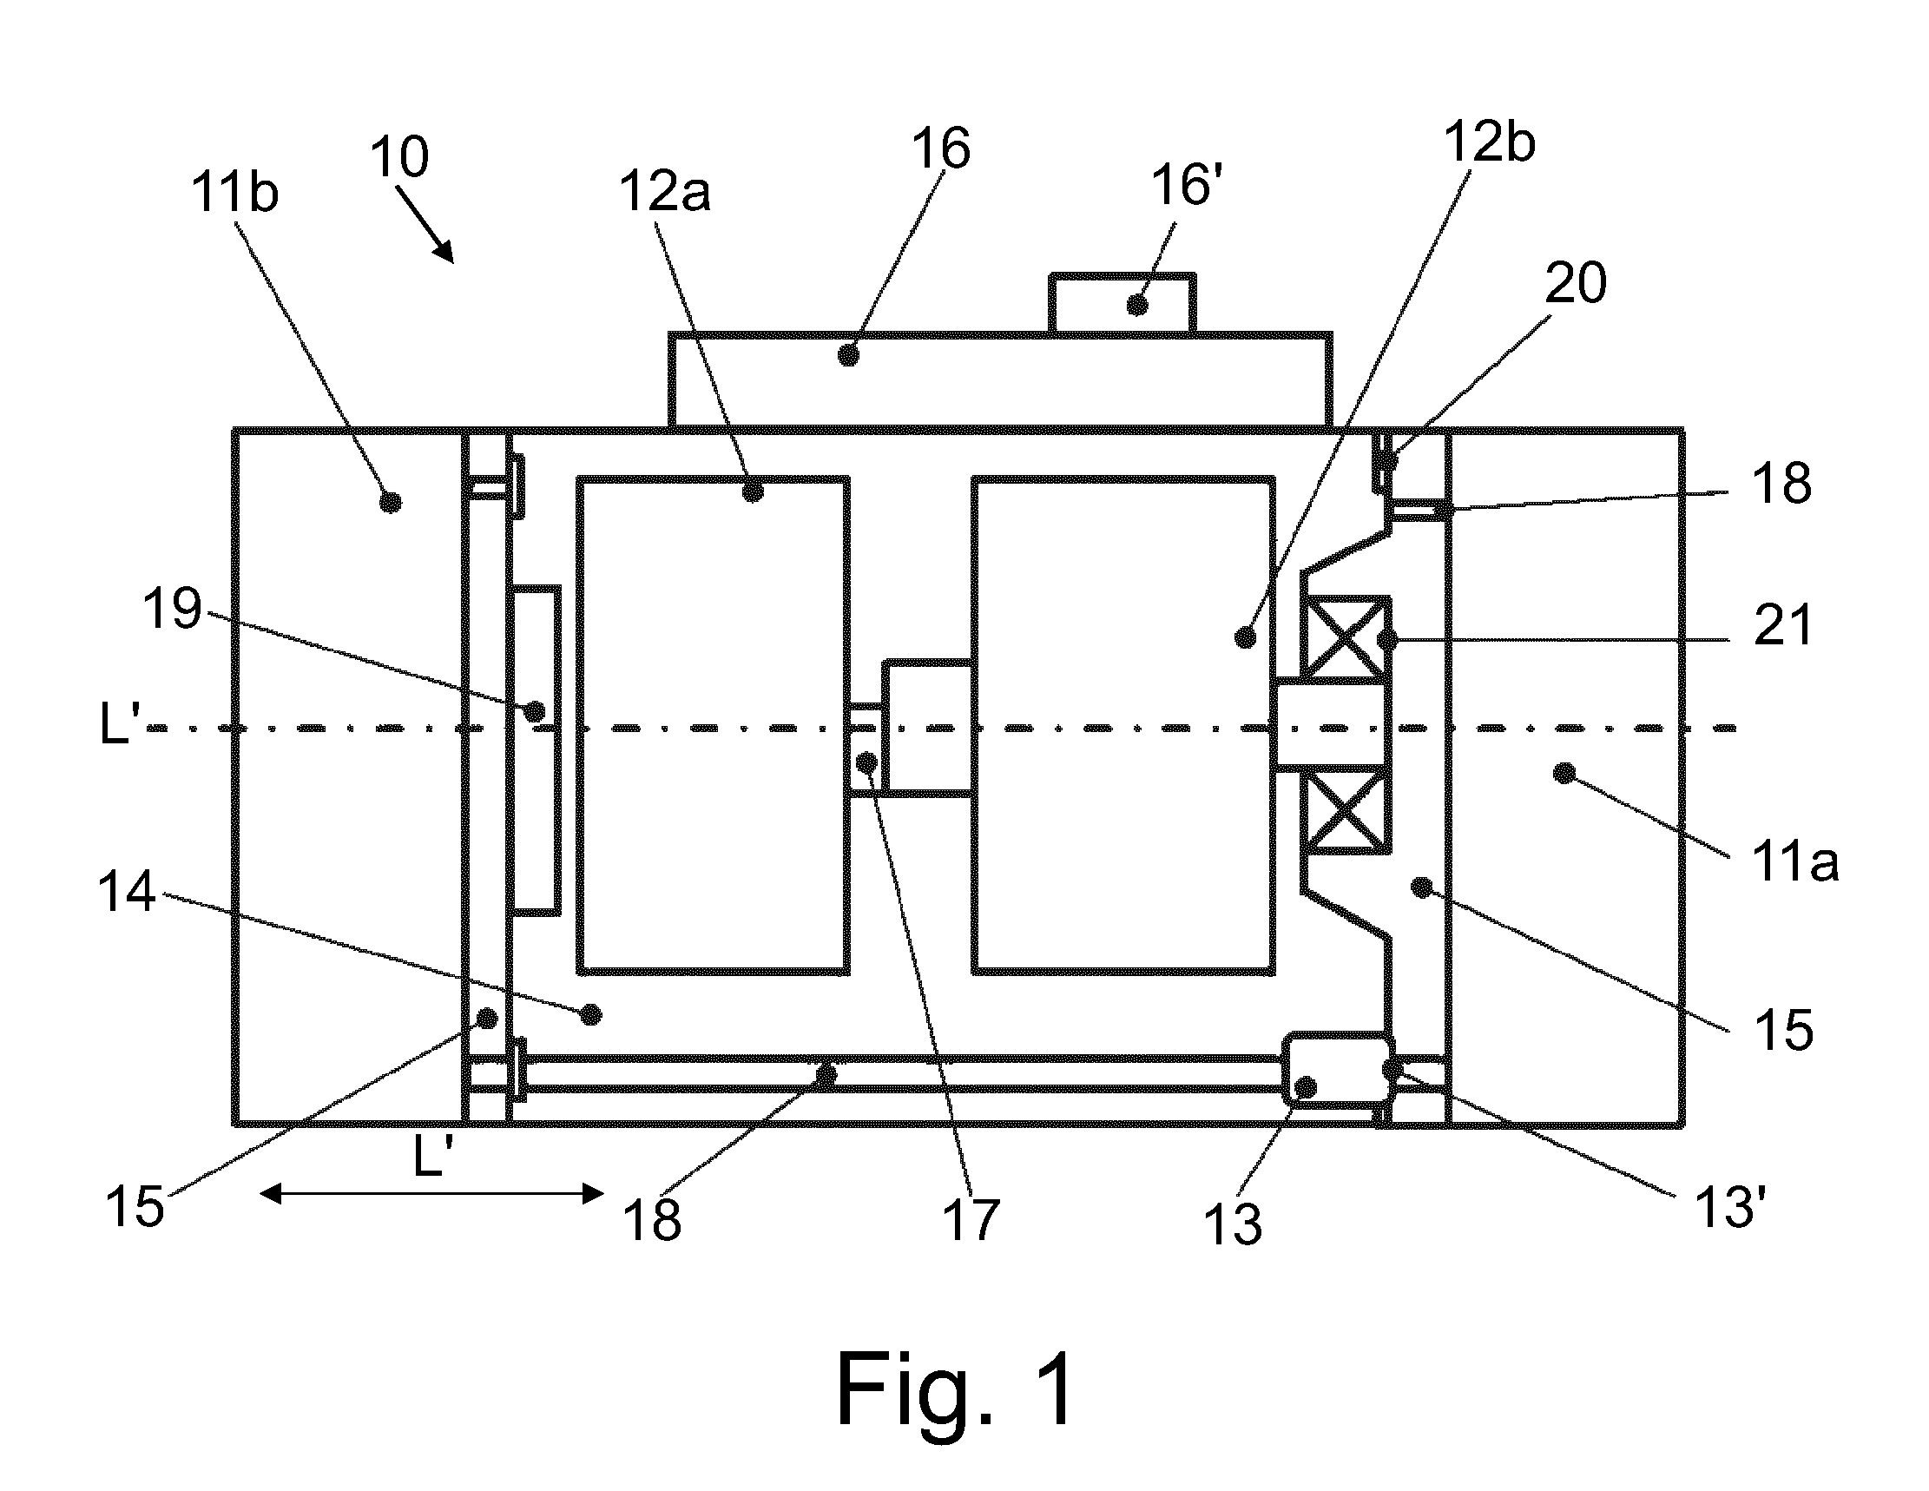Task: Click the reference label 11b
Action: (x=235, y=193)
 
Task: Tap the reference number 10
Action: (x=399, y=157)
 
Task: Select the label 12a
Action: (x=664, y=192)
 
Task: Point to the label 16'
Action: (x=1186, y=186)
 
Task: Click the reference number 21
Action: (x=1782, y=624)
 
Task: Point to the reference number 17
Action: (x=971, y=1220)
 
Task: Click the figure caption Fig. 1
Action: (x=956, y=1389)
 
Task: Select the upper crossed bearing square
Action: (x=1344, y=637)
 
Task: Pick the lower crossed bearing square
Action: (x=1344, y=810)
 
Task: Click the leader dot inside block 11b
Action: (x=390, y=502)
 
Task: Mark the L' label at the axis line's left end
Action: (x=119, y=726)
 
